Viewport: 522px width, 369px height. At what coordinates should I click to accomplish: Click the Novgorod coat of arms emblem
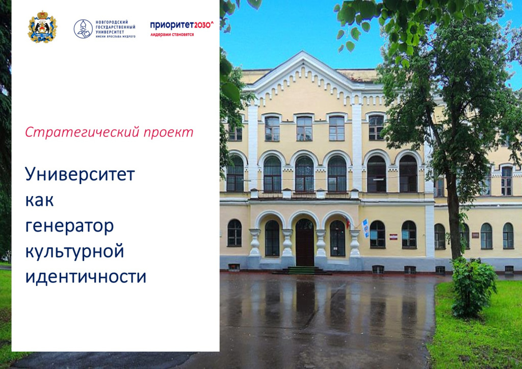click(x=42, y=27)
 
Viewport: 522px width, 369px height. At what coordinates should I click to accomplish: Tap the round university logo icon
click(x=83, y=29)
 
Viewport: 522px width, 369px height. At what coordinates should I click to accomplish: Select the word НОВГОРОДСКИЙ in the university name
click(x=112, y=22)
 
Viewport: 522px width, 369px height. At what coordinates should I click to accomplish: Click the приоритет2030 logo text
click(x=182, y=25)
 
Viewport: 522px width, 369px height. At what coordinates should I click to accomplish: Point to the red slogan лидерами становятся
click(x=172, y=35)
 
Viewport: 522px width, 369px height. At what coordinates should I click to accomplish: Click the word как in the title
click(x=39, y=201)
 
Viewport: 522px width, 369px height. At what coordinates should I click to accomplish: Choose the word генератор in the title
click(x=69, y=227)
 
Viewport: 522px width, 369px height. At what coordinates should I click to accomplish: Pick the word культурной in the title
click(x=75, y=252)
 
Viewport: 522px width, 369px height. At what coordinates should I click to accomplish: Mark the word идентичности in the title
click(x=86, y=277)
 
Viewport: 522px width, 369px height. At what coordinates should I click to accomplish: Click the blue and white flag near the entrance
click(x=366, y=228)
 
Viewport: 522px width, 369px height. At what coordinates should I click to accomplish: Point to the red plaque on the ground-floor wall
click(x=394, y=236)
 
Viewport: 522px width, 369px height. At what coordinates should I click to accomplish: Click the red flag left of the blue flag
click(x=348, y=222)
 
